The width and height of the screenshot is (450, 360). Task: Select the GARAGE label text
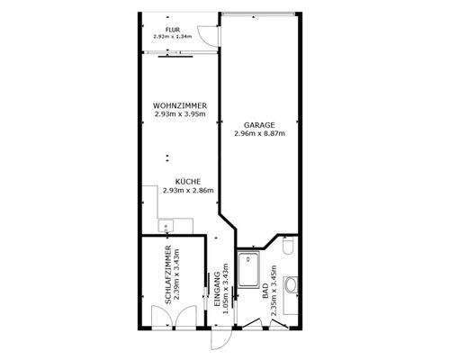click(x=258, y=125)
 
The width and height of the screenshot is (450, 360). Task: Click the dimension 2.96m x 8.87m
click(x=258, y=134)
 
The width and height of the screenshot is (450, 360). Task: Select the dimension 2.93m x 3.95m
click(x=180, y=114)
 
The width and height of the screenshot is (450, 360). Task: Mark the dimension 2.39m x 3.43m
click(x=177, y=273)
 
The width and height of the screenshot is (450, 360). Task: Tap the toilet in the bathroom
click(x=287, y=246)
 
